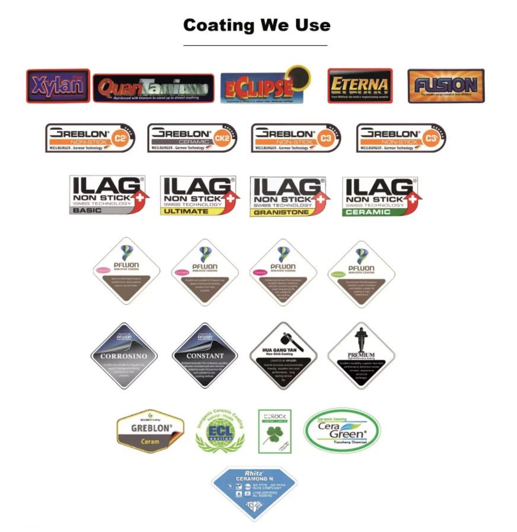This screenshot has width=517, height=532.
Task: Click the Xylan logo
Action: point(58,86)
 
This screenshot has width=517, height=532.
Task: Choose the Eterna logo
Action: point(360,85)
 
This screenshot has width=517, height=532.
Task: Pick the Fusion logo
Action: point(446,86)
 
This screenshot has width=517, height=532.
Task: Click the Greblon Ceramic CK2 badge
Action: point(192,138)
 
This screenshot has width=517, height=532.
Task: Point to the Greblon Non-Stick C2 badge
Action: point(90,138)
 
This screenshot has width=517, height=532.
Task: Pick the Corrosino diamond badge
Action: point(124,356)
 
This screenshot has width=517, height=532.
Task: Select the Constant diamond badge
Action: point(205,356)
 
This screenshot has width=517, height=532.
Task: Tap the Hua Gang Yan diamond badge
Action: point(283,356)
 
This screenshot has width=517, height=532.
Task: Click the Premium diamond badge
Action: point(361,356)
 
